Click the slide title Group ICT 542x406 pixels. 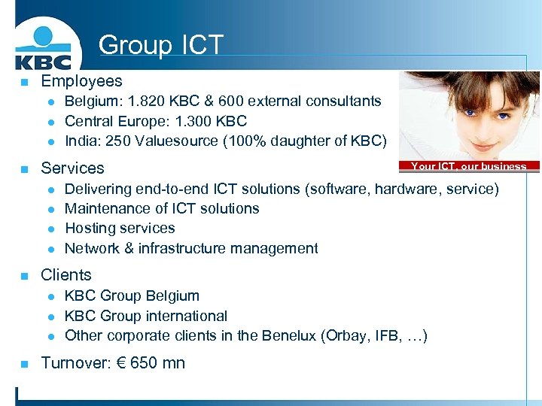point(160,45)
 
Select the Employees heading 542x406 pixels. point(81,80)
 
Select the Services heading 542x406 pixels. point(72,168)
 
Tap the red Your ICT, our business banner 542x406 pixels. point(468,166)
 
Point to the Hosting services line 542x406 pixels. point(120,228)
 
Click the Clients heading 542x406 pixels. point(66,275)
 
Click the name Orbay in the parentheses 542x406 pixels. point(343,335)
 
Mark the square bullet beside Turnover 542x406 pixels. point(24,364)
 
